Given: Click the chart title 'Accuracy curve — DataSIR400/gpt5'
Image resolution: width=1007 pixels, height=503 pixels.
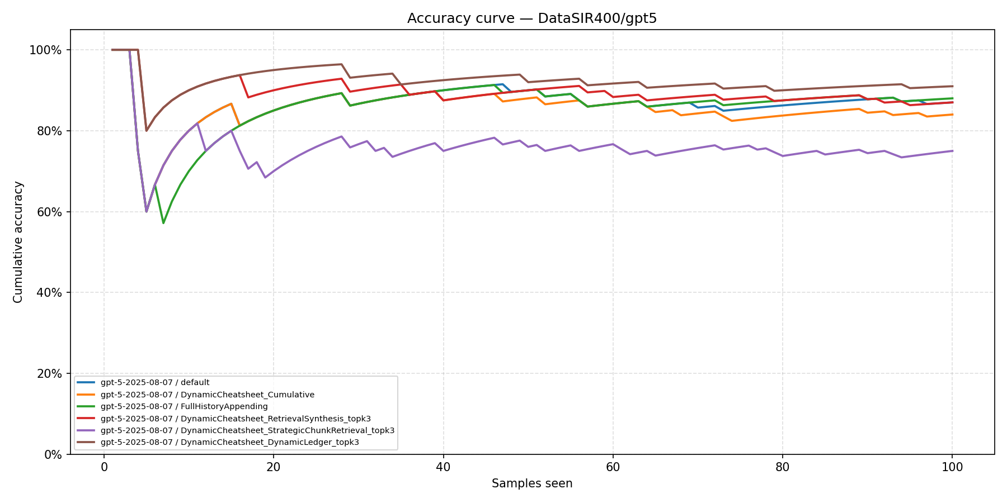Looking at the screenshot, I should point(532,18).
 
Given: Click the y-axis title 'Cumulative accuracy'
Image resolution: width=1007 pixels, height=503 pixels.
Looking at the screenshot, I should point(18,242).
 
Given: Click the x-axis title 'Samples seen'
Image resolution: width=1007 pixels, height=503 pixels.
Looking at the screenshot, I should point(532,483).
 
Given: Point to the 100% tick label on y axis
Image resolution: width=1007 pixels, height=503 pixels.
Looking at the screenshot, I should point(45,50).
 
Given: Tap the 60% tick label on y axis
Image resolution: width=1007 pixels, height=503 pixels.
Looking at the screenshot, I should point(48,212).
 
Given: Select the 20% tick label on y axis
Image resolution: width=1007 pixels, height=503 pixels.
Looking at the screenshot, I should point(48,373).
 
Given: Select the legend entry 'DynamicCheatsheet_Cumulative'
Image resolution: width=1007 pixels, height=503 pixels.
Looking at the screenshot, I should point(207,395).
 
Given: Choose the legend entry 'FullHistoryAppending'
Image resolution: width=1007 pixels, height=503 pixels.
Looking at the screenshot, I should point(184,406).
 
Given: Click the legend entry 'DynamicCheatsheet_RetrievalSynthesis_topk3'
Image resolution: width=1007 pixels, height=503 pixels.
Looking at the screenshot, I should point(236,419).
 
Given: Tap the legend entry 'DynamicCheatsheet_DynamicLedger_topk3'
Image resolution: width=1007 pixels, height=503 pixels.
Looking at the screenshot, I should point(229,442).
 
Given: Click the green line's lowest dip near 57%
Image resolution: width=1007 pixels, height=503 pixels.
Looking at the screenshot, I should point(163,223).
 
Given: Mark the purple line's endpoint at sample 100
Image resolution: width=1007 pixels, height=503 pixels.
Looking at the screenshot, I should point(952,151).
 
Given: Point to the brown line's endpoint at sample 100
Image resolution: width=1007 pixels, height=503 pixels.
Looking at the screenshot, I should point(952,86).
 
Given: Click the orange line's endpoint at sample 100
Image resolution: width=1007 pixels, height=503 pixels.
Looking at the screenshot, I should point(952,115).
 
